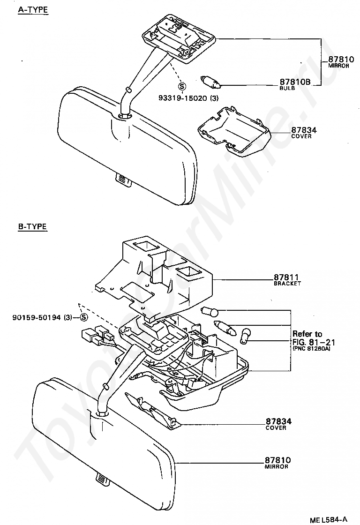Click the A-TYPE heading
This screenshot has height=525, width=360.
point(33,10)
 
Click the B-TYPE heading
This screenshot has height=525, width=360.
point(32,227)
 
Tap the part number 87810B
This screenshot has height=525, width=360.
point(295,82)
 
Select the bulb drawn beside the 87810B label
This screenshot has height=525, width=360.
point(210,82)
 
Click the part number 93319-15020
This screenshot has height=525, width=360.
point(184,98)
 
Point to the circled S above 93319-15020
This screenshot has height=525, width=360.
point(182,86)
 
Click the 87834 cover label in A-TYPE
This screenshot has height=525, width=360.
point(304,130)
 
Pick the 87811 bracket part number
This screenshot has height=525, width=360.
point(286,277)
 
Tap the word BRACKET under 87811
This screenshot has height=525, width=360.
point(287,284)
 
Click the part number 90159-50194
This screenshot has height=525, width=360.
point(37,317)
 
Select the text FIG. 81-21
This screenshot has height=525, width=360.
point(314,342)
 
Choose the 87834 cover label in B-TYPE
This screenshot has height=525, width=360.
point(278,421)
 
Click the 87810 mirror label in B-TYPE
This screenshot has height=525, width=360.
point(277,460)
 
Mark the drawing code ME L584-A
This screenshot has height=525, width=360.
point(329,520)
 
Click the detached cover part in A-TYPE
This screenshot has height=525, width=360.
point(234,132)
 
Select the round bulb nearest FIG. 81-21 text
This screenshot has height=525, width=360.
point(247,335)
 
